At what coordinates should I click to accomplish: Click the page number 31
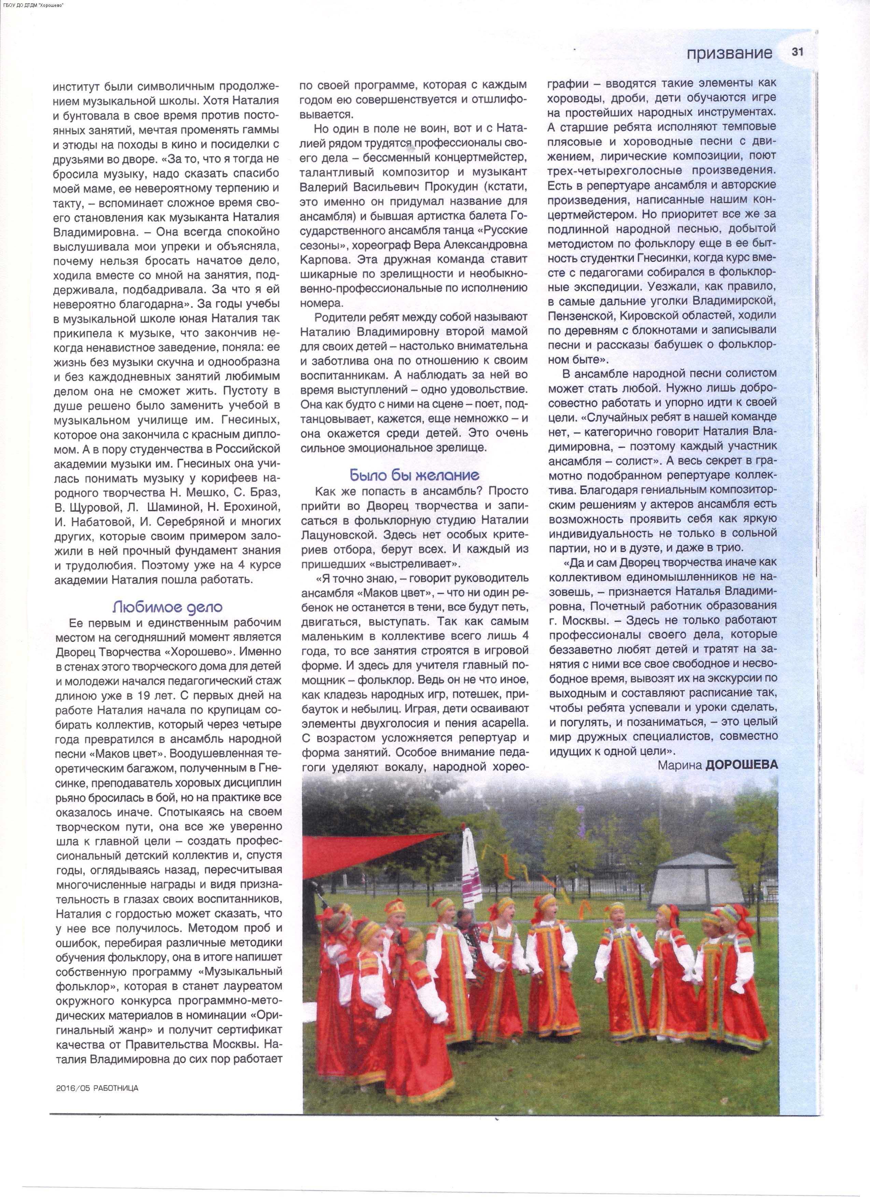pyautogui.click(x=797, y=52)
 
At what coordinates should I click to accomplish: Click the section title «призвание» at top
pyautogui.click(x=729, y=53)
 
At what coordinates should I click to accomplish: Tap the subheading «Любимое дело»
pyautogui.click(x=168, y=607)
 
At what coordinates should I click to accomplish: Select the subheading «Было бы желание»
pyautogui.click(x=415, y=475)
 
